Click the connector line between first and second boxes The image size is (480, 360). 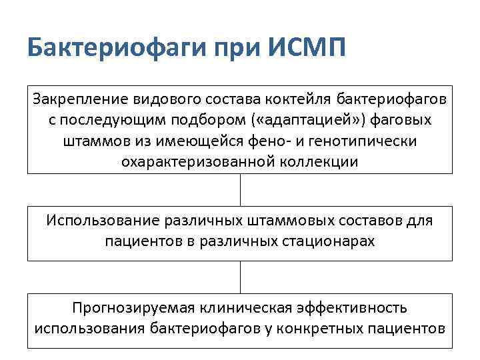click(240, 190)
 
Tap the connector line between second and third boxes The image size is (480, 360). click(240, 277)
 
